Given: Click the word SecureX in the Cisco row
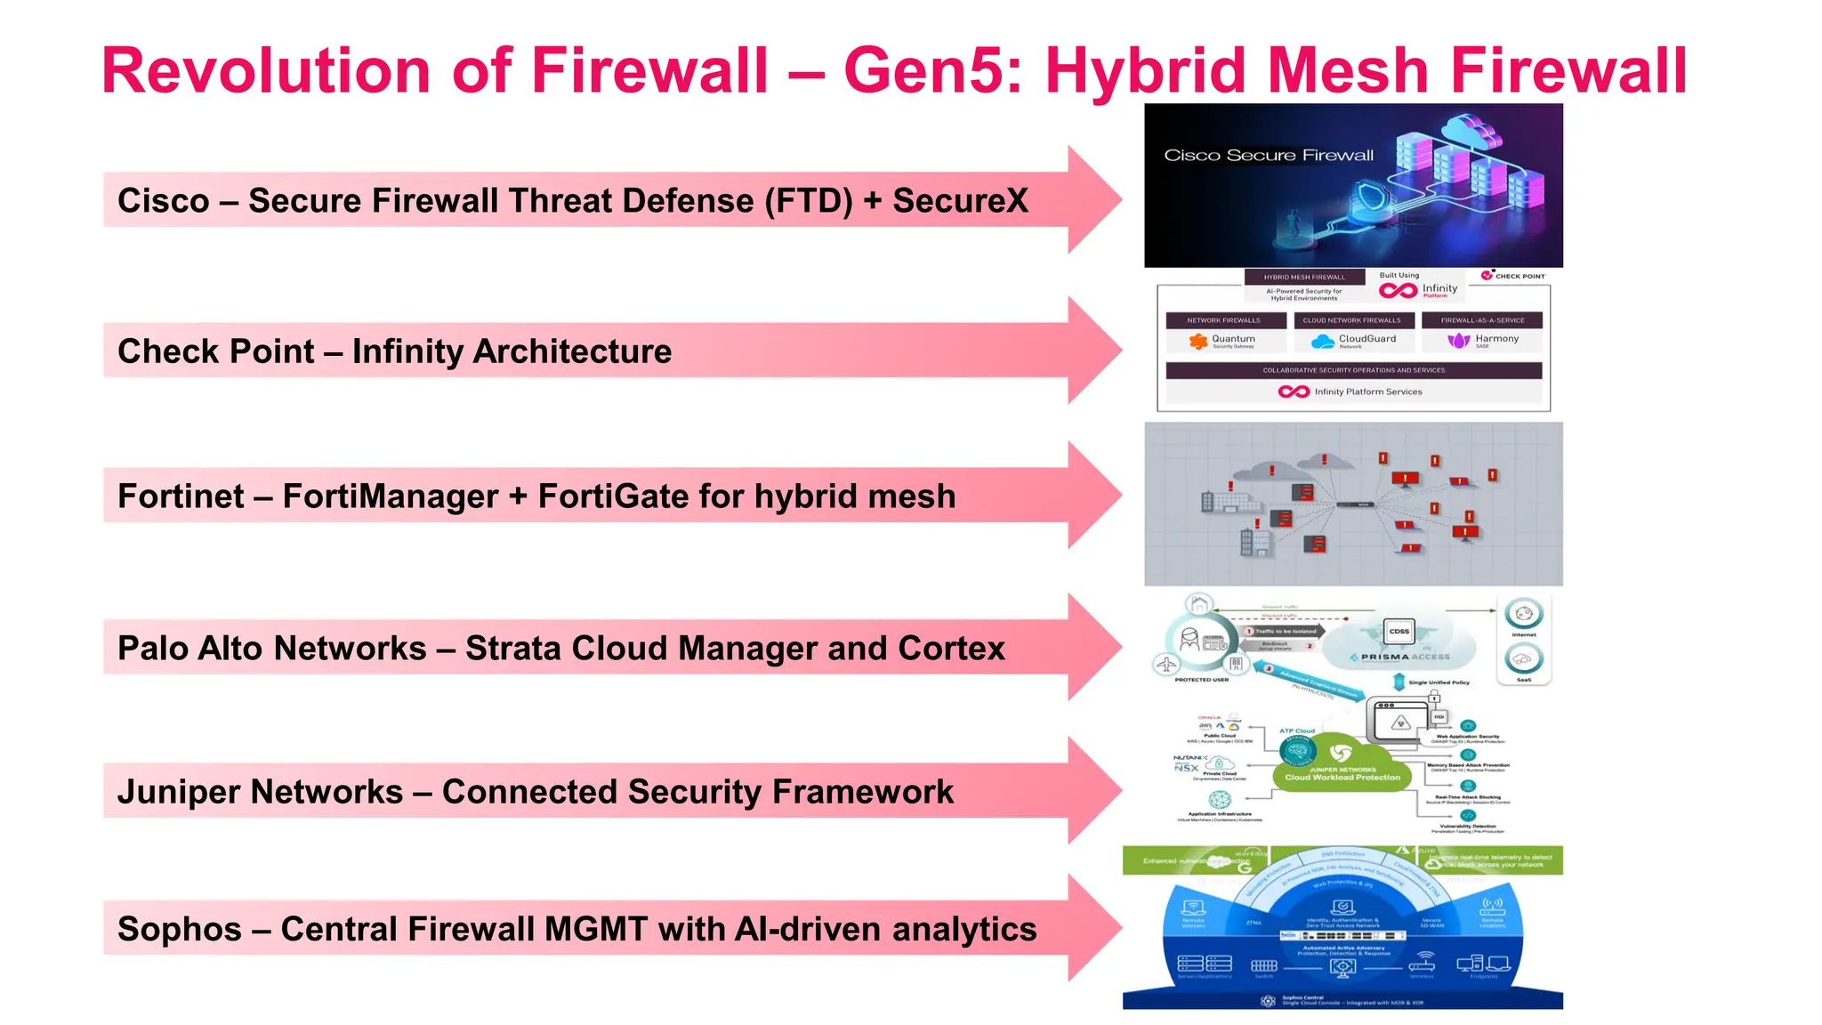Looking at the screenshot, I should (x=960, y=201).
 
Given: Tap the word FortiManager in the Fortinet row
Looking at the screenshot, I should (x=390, y=496).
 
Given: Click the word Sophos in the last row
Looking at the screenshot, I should (x=179, y=930).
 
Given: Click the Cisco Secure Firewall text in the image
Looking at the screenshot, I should (x=1268, y=156).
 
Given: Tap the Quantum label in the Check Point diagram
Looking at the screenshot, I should (x=1232, y=339).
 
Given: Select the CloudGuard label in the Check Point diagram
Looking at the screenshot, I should (x=1366, y=339).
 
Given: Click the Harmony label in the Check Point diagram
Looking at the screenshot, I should (x=1496, y=339).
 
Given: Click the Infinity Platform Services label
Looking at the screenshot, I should (x=1367, y=391).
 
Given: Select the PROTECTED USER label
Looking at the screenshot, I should (x=1201, y=680).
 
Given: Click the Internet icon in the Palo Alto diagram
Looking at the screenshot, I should (x=1523, y=614).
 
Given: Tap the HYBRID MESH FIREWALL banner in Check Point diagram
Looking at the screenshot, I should (x=1303, y=277).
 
